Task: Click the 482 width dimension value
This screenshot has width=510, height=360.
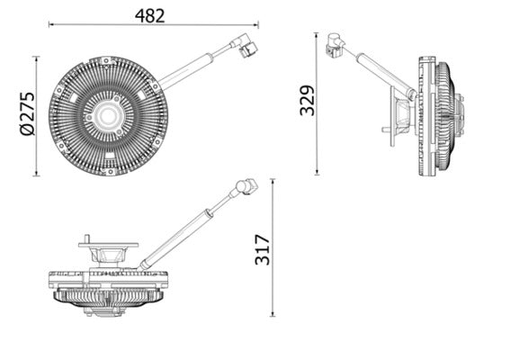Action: click(x=151, y=14)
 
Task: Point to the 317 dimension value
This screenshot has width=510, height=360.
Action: click(x=262, y=247)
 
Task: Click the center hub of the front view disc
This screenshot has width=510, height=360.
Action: click(x=108, y=115)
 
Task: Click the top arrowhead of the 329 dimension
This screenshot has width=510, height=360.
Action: click(x=317, y=37)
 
